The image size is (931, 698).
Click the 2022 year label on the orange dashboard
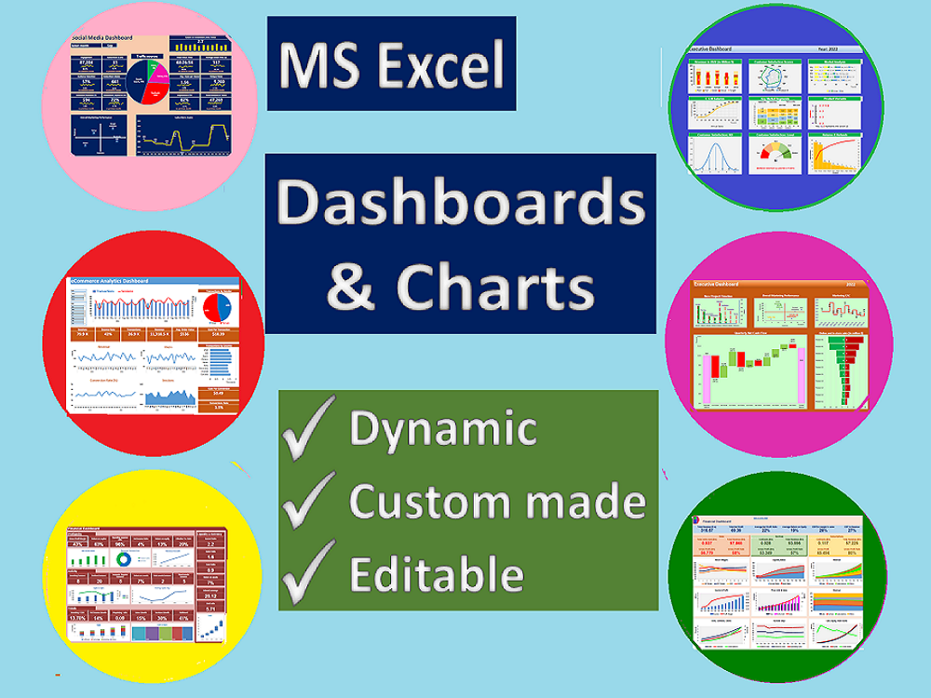[849, 282]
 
